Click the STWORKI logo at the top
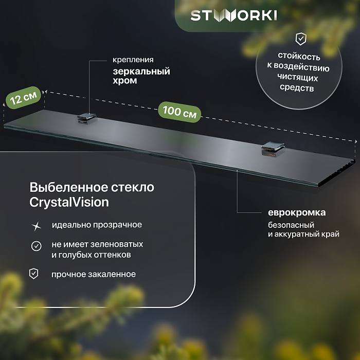coord(233,16)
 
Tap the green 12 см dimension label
coord(24,98)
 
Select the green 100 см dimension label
coord(179,112)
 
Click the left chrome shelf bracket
coord(87,118)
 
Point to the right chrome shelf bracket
coord(273,149)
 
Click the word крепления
coord(133,60)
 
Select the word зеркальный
coord(141,71)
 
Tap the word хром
coord(125,81)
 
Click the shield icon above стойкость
coord(300,39)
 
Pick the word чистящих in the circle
coord(298,77)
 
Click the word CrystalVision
coord(69,203)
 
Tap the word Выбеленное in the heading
coord(68,187)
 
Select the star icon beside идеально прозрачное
coord(37,226)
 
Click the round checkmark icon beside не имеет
coord(37,246)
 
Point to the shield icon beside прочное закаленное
coord(34,274)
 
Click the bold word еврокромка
coord(297,212)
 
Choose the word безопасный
coord(291,225)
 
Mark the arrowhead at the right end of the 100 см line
coord(355,141)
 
